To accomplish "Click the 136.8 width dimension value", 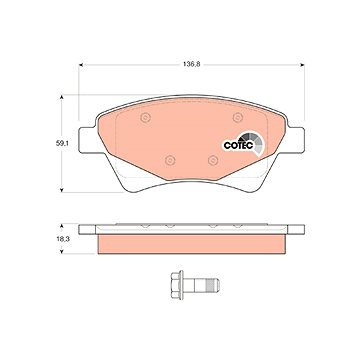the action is [191, 65].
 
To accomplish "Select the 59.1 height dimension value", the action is [61, 144].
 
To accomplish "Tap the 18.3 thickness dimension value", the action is [61, 239].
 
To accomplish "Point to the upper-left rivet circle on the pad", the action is [146, 117].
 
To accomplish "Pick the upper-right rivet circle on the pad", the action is [238, 117].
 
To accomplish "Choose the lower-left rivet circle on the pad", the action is [170, 160].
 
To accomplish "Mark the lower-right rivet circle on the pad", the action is [213, 160].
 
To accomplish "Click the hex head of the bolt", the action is [177, 285].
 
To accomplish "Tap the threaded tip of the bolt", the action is [212, 285].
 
